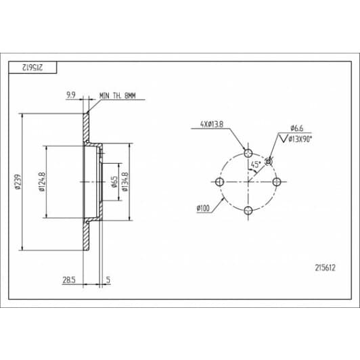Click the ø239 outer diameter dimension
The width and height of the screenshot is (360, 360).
(x=18, y=182)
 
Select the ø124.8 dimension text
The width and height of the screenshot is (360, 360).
(x=42, y=182)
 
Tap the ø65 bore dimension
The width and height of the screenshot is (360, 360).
(x=114, y=182)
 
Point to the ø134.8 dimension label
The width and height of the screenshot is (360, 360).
(x=125, y=181)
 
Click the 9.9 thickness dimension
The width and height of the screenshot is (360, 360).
(x=71, y=95)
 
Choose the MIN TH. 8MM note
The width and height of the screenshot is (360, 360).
(x=118, y=95)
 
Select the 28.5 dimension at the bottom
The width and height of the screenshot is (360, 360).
(x=69, y=280)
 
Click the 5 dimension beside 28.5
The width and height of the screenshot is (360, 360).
(x=108, y=280)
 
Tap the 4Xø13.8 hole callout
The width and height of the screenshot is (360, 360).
(x=211, y=125)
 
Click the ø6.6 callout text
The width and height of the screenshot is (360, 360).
(x=296, y=128)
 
